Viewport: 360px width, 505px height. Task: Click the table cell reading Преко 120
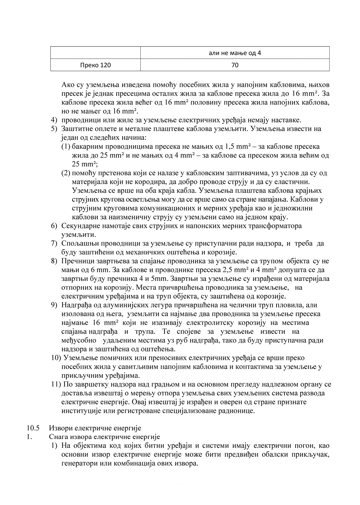coord(95,65)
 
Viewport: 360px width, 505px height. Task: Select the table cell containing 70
coord(235,65)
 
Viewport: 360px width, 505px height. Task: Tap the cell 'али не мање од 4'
coord(235,53)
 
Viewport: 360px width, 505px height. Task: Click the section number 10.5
coord(33,428)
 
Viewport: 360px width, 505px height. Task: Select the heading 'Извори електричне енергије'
coord(95,428)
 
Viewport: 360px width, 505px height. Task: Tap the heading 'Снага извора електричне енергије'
coord(105,437)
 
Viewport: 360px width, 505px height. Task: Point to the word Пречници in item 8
coord(75,261)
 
